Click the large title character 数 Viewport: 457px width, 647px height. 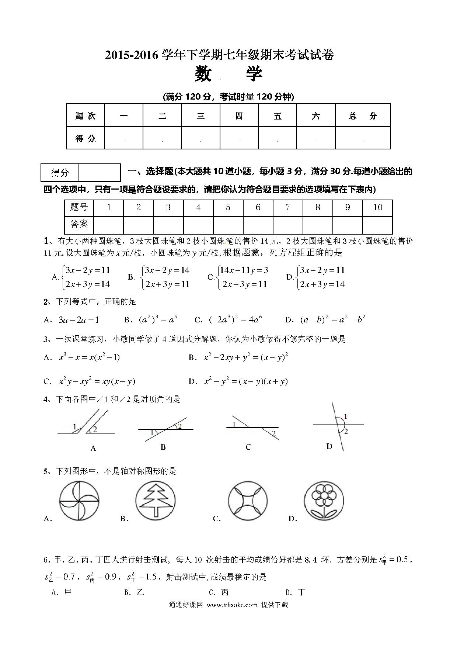(203, 74)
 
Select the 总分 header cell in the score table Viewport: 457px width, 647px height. (363, 116)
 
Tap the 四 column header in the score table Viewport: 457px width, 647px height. (239, 116)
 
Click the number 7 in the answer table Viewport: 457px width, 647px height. (288, 208)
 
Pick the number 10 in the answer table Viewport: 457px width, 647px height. (377, 208)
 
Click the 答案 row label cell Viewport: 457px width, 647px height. (79, 224)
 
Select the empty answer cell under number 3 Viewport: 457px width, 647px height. (168, 225)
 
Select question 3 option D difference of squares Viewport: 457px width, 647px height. (246, 381)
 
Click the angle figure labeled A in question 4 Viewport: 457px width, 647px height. (87, 424)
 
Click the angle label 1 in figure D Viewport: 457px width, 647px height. (345, 417)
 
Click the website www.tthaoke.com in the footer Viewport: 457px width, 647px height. (232, 605)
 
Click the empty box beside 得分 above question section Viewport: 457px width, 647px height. (100, 172)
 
